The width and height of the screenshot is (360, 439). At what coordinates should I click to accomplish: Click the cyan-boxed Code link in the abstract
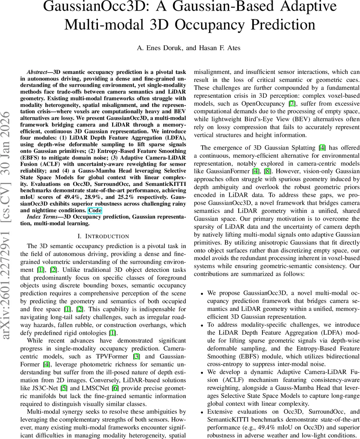click(x=95, y=210)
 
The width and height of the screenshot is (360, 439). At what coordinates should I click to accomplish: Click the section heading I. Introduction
click(x=103, y=236)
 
